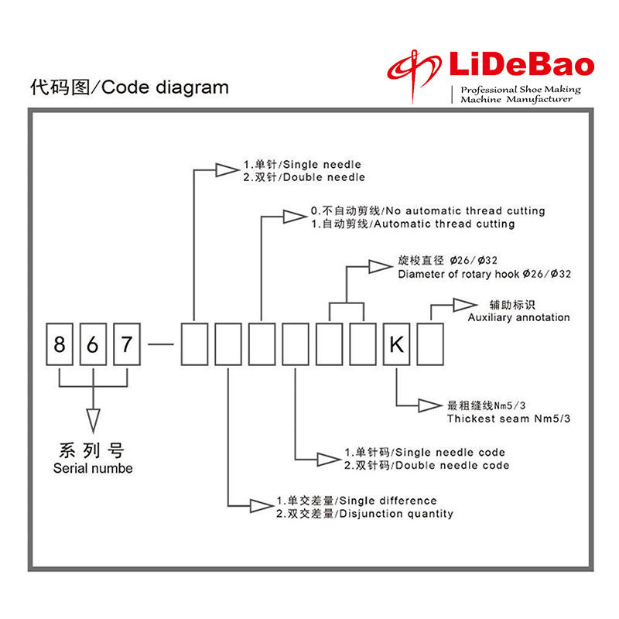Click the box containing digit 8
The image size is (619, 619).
(59, 344)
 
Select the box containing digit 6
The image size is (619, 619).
(93, 344)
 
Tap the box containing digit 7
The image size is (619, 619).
(128, 344)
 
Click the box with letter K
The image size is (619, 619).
(396, 344)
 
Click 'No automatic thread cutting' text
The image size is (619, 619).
(464, 210)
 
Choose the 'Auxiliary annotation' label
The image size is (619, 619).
(518, 317)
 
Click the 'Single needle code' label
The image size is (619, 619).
(449, 452)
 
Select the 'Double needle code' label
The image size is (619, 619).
(453, 465)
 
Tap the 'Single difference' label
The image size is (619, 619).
(388, 501)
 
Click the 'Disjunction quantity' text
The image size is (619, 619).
(396, 513)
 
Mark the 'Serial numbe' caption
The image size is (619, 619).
(93, 468)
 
